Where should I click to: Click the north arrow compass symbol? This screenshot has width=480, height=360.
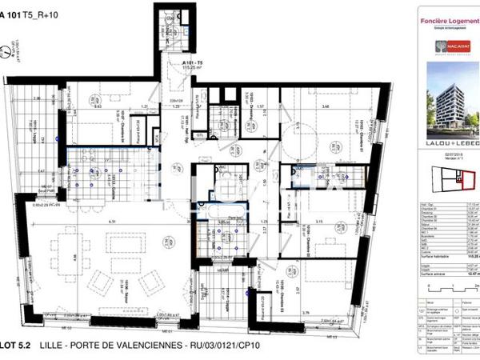click(6, 53)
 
